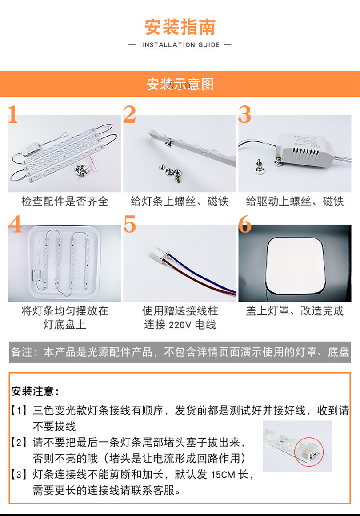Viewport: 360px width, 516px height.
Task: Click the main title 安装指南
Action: click(180, 27)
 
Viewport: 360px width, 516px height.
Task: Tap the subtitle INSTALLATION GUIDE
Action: click(180, 45)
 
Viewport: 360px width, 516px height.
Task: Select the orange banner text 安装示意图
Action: click(180, 84)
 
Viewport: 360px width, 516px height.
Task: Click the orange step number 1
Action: click(13, 115)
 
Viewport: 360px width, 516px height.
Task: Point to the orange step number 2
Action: click(129, 115)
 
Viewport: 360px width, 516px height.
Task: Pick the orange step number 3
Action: click(244, 115)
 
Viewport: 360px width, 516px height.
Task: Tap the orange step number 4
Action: click(15, 224)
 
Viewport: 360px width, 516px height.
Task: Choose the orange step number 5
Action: click(129, 224)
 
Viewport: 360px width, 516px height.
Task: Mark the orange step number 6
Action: click(245, 224)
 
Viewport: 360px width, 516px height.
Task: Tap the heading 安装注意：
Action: click(35, 391)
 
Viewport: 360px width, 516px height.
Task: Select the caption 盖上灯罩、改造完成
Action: click(295, 310)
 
